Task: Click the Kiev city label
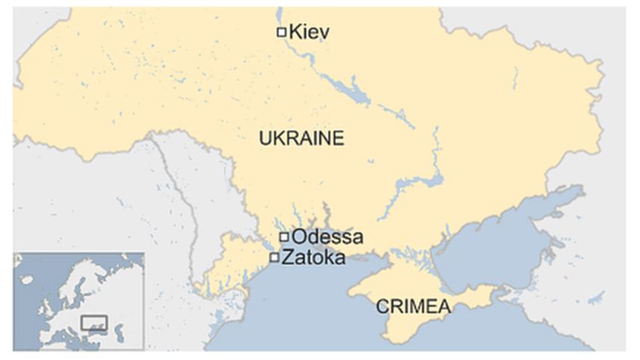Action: click(x=308, y=31)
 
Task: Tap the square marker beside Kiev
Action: click(x=282, y=31)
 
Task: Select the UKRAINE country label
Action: click(x=301, y=138)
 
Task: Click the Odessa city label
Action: click(x=327, y=238)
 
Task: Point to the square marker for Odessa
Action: click(x=284, y=238)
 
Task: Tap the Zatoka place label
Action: click(x=313, y=258)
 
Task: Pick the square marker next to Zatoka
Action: click(x=275, y=258)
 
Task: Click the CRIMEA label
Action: click(x=413, y=306)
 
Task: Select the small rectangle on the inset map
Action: click(x=95, y=323)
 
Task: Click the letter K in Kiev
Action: click(x=295, y=31)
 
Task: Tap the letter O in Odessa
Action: click(x=299, y=238)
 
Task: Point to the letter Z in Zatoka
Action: click(x=287, y=258)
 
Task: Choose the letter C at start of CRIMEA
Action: click(x=382, y=306)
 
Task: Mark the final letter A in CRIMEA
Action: click(x=445, y=306)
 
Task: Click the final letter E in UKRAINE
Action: click(x=339, y=138)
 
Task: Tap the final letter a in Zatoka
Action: click(x=340, y=258)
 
